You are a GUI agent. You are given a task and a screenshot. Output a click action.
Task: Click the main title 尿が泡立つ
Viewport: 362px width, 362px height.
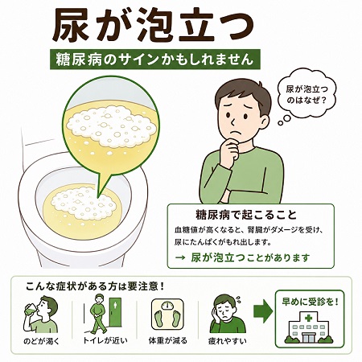(153, 25)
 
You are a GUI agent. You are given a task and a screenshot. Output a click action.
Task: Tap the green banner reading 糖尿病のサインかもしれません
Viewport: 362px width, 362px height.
(155, 60)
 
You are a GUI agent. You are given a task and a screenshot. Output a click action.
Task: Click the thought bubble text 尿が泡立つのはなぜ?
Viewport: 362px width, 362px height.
(306, 94)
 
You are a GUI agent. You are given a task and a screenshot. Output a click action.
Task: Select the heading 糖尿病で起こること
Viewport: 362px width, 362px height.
(246, 215)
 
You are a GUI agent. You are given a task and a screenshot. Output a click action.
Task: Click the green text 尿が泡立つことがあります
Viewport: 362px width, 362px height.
(250, 257)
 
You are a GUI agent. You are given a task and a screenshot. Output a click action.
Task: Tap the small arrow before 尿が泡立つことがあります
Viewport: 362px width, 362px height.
(180, 258)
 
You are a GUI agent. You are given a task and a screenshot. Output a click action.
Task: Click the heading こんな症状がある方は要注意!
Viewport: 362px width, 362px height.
(95, 286)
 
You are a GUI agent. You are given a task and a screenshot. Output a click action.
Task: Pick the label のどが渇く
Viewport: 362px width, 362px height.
(41, 341)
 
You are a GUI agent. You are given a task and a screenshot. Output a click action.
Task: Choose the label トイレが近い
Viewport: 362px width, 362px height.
(105, 340)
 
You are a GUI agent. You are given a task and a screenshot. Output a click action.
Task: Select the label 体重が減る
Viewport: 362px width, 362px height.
(168, 340)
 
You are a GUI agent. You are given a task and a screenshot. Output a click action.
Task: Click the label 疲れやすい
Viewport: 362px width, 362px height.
(228, 341)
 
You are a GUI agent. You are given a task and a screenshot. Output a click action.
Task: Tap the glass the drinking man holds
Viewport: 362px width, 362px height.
(30, 310)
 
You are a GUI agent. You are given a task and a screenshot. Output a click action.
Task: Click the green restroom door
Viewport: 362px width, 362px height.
(115, 312)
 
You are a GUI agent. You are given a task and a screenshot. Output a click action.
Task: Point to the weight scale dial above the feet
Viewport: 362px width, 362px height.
(168, 306)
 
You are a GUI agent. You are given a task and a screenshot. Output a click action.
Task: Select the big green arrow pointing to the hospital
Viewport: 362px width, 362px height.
(263, 311)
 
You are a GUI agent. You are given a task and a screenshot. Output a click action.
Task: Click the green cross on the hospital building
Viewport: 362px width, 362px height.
(308, 319)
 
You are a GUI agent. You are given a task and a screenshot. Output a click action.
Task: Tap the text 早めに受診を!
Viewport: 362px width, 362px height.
(310, 302)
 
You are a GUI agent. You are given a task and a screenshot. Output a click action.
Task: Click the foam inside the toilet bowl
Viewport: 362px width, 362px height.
(84, 204)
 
